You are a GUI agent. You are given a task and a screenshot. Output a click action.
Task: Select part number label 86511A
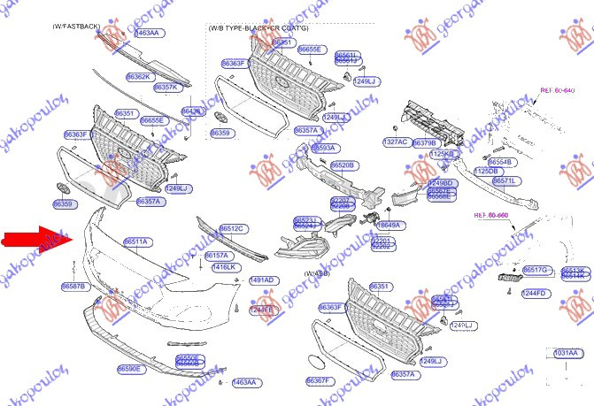(137, 241)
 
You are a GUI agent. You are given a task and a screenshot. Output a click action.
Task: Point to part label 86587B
(73, 287)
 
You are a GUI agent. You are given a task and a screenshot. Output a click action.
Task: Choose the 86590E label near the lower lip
(129, 368)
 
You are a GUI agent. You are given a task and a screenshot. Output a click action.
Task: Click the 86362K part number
(139, 77)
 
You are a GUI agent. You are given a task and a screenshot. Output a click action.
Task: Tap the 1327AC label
(395, 142)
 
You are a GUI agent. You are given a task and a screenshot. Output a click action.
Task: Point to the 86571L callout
(505, 180)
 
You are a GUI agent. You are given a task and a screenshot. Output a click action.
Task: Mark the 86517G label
(535, 269)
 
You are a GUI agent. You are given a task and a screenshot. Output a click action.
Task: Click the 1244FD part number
(534, 293)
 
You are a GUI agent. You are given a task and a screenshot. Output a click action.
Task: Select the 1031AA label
(567, 353)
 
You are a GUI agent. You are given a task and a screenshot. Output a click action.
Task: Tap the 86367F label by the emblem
(318, 380)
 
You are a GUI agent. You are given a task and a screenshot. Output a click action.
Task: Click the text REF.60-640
(557, 89)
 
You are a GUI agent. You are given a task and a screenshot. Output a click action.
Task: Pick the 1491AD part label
(262, 280)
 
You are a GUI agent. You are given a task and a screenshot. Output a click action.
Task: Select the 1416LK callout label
(224, 266)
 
